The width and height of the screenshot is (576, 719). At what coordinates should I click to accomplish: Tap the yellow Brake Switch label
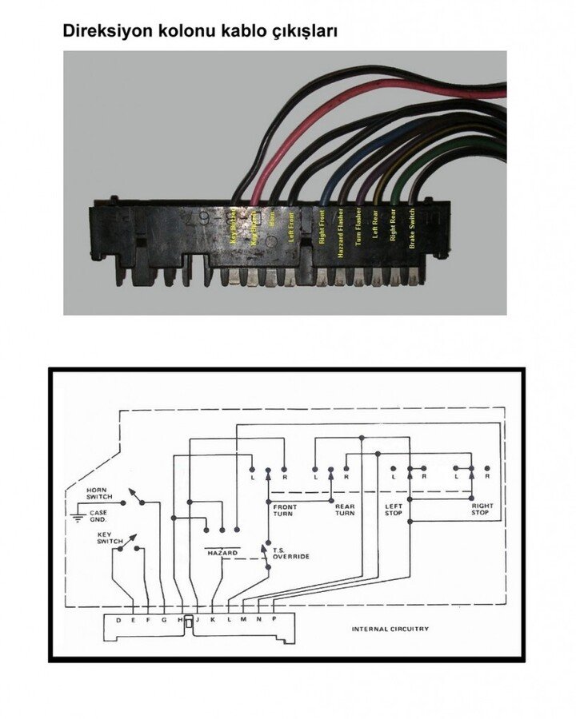point(412,229)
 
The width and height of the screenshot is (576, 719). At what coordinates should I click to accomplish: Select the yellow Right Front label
point(322,228)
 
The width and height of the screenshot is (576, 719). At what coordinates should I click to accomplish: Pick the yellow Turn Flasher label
point(358,229)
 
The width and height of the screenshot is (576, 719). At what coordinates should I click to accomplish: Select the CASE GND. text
point(98,515)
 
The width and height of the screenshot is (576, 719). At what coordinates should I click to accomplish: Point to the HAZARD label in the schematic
point(223,553)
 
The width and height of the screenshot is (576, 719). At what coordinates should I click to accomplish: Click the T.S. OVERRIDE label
point(290,552)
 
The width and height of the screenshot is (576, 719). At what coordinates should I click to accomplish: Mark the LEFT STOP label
point(394,509)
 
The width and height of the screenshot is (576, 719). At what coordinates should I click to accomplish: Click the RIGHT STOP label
point(482,509)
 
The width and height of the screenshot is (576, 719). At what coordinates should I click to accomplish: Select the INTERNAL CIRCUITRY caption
point(390,629)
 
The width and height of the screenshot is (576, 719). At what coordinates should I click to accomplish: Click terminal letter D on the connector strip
point(118,620)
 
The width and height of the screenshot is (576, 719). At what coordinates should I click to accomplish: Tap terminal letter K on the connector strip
point(213,620)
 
